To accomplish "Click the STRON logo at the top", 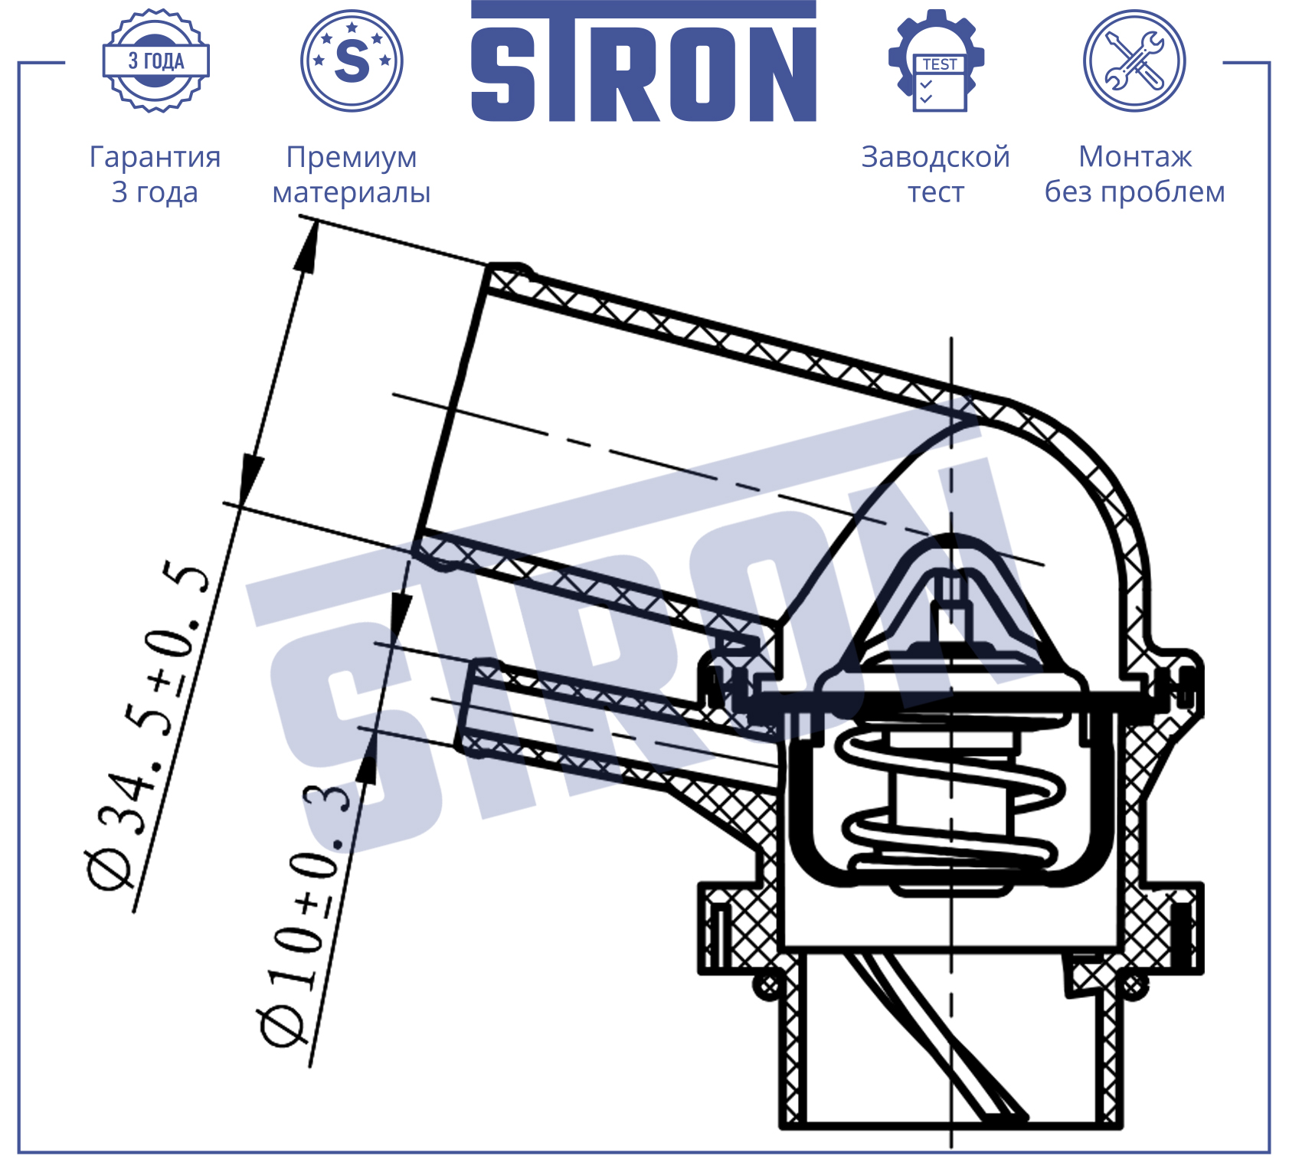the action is point(643,61).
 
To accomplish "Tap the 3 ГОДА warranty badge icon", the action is point(156,61).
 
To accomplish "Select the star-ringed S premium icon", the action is point(352,61).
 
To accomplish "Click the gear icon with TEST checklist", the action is point(936,61).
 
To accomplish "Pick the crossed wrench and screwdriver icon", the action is point(1134,61).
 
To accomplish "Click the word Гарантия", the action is point(155,157).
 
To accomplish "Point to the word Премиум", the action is point(352,158).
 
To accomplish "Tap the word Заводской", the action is point(936,158).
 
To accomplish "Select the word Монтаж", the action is point(1135,157).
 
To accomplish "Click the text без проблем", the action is point(1135,192).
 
